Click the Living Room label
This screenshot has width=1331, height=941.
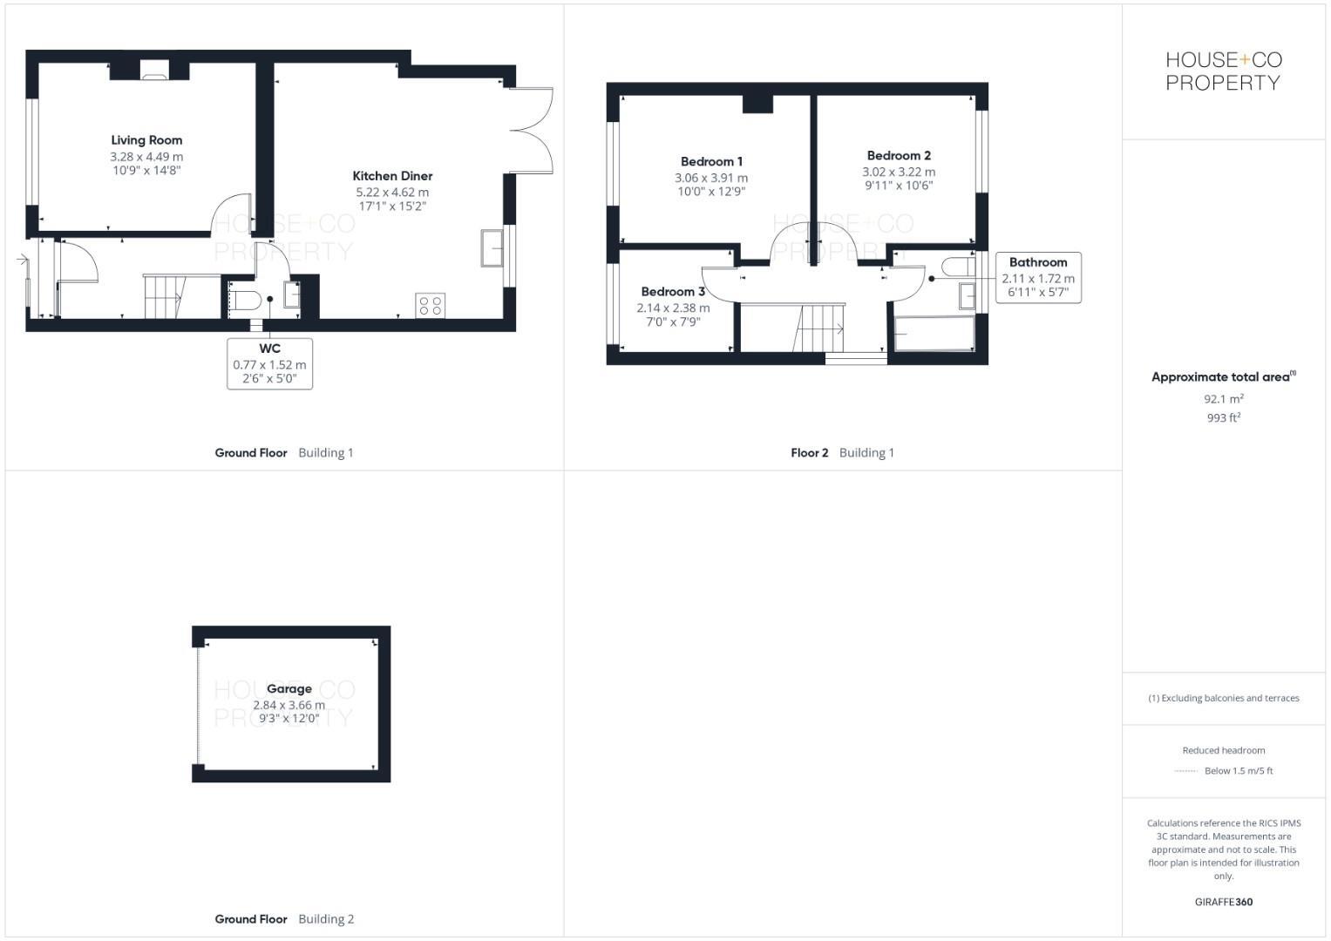146,140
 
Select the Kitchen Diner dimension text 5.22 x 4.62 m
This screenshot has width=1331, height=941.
392,193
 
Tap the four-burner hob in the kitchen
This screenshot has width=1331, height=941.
431,305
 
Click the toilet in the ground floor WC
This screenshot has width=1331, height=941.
246,300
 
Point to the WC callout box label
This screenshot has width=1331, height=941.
269,349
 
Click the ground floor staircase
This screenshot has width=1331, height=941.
164,296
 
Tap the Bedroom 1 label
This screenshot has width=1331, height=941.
711,162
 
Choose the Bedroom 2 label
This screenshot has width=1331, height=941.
899,156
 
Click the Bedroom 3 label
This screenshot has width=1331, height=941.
673,292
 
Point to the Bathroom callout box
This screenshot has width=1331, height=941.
1038,277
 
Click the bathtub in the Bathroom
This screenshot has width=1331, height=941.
934,334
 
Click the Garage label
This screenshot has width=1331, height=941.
289,689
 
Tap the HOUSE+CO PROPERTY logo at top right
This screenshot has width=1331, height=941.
1223,71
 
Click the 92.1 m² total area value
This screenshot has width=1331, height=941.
1223,399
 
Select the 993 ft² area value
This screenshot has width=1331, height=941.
1223,418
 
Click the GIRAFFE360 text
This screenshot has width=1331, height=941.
1223,902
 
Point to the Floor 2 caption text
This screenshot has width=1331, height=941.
809,453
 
